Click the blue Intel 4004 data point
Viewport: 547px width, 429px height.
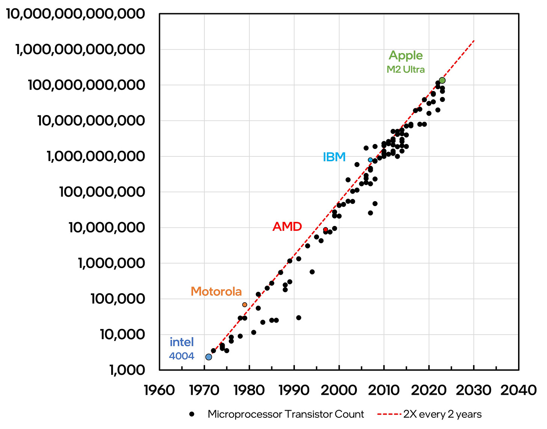(209, 357)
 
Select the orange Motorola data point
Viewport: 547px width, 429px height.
(245, 305)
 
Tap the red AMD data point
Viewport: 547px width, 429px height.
(325, 229)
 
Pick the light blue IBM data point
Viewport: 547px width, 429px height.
(370, 160)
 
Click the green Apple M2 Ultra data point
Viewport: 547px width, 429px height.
(442, 80)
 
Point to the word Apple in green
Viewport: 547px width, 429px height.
(406, 56)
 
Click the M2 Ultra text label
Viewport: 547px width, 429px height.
(406, 70)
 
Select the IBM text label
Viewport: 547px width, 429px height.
(334, 157)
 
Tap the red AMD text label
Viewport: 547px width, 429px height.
(287, 227)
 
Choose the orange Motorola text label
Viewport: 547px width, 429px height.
(216, 291)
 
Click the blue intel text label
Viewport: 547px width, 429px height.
(182, 342)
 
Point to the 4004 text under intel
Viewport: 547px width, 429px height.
(182, 356)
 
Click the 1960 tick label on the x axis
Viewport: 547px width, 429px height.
(159, 390)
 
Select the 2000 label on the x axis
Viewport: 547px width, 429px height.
(339, 390)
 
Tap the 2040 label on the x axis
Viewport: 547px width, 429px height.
(518, 390)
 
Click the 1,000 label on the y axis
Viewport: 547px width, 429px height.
(127, 370)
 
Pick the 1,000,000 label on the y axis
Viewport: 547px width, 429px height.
(111, 263)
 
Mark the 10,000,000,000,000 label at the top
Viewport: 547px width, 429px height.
(75, 14)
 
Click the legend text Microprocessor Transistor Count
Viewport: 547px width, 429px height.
(286, 414)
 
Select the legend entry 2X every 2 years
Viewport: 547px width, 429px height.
(442, 414)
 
